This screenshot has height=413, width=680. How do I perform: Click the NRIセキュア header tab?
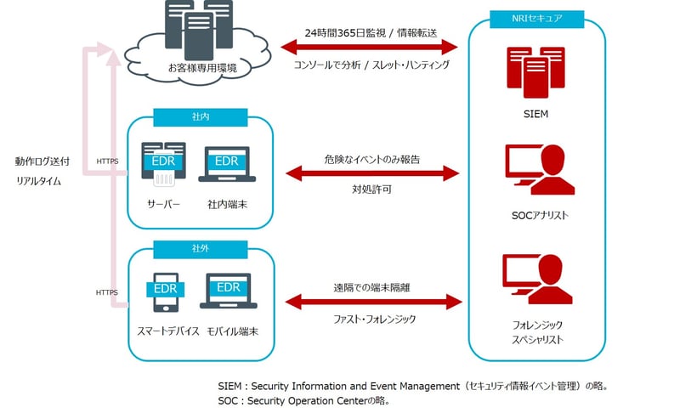[x=538, y=18]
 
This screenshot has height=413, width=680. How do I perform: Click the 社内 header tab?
[x=200, y=116]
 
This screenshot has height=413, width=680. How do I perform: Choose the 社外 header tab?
[x=200, y=249]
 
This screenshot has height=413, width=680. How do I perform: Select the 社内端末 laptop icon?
[x=227, y=166]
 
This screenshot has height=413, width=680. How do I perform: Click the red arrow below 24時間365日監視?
[x=372, y=48]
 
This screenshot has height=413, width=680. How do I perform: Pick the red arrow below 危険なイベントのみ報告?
[x=372, y=174]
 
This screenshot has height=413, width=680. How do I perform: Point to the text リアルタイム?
[x=38, y=181]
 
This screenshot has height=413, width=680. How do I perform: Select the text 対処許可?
[x=371, y=190]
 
